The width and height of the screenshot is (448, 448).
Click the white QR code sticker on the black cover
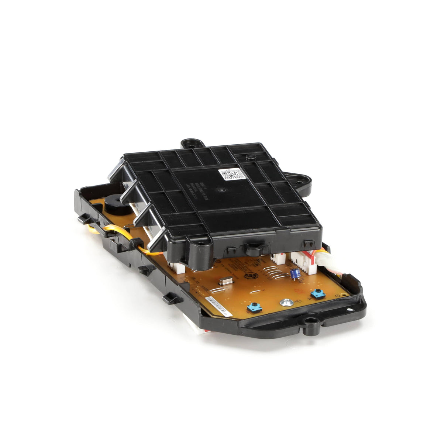pyautogui.click(x=229, y=174)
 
